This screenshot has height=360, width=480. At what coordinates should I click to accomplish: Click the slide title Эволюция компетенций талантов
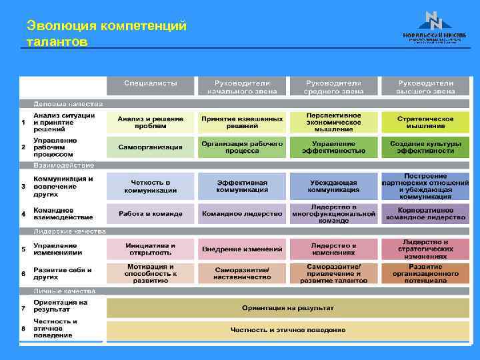[x=107, y=33]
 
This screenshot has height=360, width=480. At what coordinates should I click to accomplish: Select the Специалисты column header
[x=151, y=85]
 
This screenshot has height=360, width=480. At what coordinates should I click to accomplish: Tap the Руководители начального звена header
[x=242, y=85]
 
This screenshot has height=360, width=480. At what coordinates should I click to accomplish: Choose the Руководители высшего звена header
[x=425, y=85]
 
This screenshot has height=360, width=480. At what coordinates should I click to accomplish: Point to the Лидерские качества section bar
[x=71, y=231]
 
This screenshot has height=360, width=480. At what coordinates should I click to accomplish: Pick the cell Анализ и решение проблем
[x=151, y=122]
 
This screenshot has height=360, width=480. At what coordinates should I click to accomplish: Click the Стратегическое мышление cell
[x=425, y=122]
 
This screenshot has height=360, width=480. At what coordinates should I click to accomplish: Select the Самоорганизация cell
[x=151, y=147]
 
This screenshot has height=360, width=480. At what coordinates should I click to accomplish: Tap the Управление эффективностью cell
[x=333, y=147]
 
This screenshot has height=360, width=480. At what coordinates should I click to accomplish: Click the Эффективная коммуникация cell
[x=242, y=185]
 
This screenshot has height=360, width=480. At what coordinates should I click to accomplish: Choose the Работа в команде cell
[x=151, y=213]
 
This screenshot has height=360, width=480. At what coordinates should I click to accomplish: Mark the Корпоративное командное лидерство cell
[x=425, y=213]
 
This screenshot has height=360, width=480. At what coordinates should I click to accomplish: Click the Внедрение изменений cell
[x=242, y=249]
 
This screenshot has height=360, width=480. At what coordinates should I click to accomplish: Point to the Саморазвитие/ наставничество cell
[x=242, y=273]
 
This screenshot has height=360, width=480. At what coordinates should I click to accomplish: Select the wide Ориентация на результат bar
[x=288, y=308]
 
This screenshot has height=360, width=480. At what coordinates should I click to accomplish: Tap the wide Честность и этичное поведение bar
[x=288, y=329]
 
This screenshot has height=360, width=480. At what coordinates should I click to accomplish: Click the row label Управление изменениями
[x=61, y=249]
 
